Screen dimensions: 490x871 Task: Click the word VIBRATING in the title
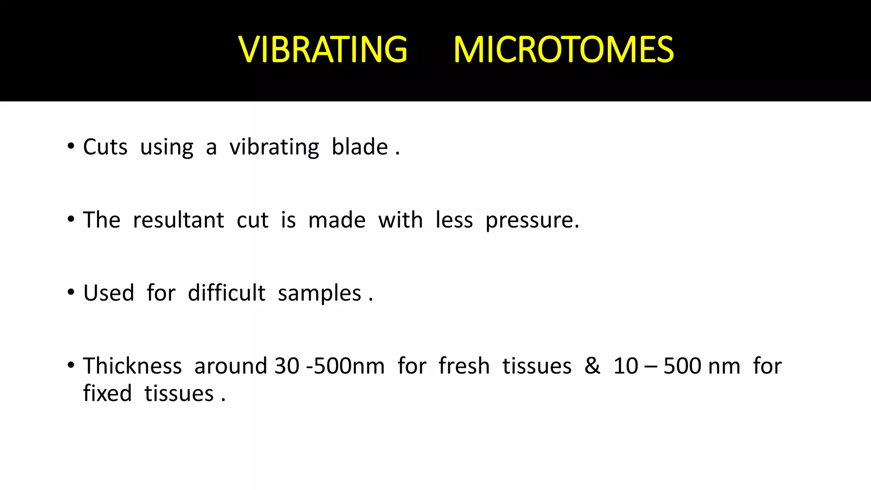point(323,50)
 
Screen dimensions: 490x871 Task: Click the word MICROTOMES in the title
point(564,50)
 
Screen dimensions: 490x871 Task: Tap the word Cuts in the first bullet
point(105,147)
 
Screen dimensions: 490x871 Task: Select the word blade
point(359,147)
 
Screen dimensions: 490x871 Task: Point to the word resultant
point(178,220)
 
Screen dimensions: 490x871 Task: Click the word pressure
point(532,220)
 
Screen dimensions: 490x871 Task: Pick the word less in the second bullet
point(454,220)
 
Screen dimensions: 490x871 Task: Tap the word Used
point(108,293)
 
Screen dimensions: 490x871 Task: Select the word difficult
point(226,293)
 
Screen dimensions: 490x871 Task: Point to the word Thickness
point(132,366)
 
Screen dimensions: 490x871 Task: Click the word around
point(231,366)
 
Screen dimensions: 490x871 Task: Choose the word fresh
point(464,366)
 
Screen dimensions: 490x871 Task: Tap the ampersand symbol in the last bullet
point(592,366)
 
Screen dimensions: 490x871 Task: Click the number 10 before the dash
point(625,366)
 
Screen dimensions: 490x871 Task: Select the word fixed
point(107,393)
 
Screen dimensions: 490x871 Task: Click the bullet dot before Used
point(71,293)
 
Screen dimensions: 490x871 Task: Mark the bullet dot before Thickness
point(71,365)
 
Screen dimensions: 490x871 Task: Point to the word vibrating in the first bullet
point(274,148)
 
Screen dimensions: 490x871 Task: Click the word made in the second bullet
point(336,220)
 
